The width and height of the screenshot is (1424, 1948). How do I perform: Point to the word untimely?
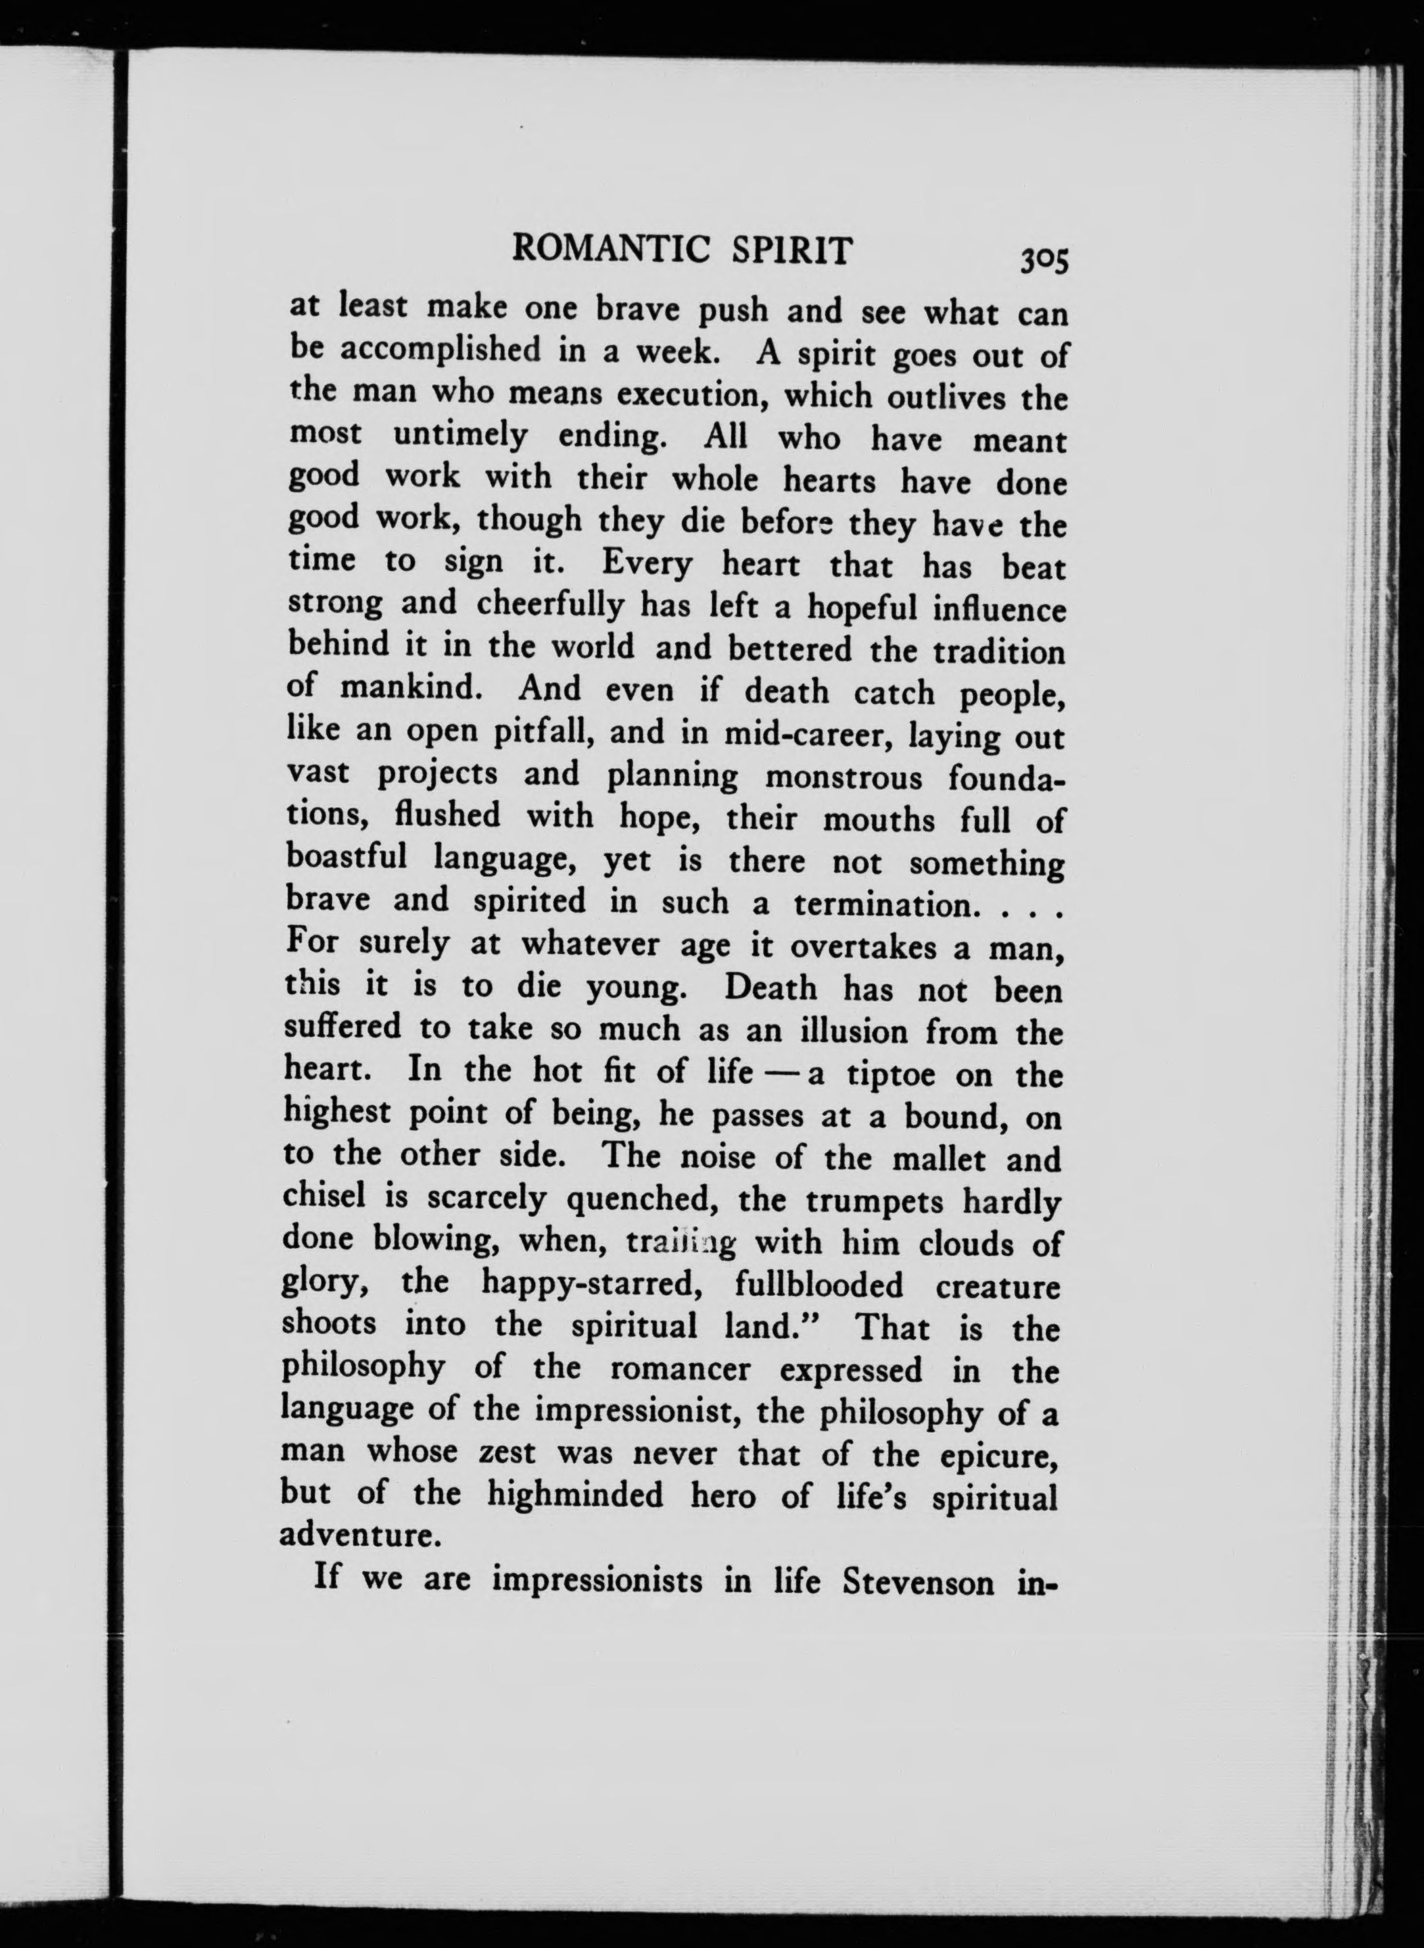click(x=460, y=436)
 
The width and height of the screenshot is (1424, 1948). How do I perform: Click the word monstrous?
click(x=842, y=777)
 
